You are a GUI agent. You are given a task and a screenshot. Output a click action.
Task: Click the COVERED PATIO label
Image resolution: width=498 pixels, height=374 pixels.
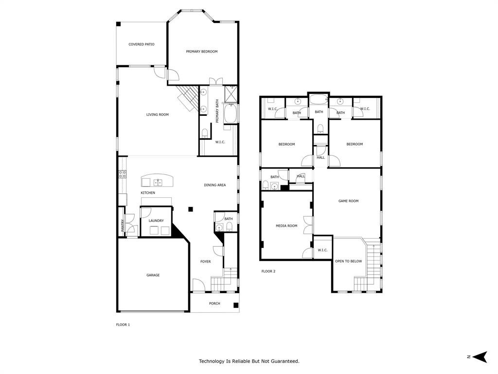click(141, 44)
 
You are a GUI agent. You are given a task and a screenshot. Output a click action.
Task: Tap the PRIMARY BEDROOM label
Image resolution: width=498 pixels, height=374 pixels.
click(201, 52)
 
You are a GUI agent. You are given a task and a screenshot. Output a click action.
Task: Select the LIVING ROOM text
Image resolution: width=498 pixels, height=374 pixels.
click(158, 115)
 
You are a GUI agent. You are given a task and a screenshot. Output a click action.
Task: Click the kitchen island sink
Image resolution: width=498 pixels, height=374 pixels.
click(158, 183)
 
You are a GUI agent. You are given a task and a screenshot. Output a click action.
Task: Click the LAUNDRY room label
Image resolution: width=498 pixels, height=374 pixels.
click(156, 221)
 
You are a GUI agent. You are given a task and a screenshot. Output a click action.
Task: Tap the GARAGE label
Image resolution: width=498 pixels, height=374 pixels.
click(153, 275)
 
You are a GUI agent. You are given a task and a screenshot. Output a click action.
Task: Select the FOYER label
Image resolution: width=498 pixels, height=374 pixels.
click(206, 262)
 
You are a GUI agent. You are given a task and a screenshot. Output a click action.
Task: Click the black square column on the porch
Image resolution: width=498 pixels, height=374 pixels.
click(236, 305)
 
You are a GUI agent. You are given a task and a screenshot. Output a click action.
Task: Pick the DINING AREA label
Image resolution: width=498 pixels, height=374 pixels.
click(214, 185)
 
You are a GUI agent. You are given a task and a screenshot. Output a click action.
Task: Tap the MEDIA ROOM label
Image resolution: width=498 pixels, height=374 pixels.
click(286, 226)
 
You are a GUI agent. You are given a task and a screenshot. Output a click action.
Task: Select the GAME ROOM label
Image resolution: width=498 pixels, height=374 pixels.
click(348, 201)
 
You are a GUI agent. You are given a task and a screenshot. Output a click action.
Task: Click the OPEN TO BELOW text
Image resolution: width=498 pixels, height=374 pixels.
click(348, 262)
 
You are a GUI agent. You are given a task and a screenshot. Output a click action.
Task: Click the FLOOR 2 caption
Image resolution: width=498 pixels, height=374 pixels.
click(268, 271)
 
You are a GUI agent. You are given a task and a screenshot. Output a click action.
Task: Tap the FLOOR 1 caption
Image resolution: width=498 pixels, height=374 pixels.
click(123, 325)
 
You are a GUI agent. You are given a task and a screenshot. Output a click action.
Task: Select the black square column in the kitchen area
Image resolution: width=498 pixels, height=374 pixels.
click(191, 209)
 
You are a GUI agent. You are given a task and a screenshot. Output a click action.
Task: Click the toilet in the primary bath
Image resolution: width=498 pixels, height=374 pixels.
click(205, 132)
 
